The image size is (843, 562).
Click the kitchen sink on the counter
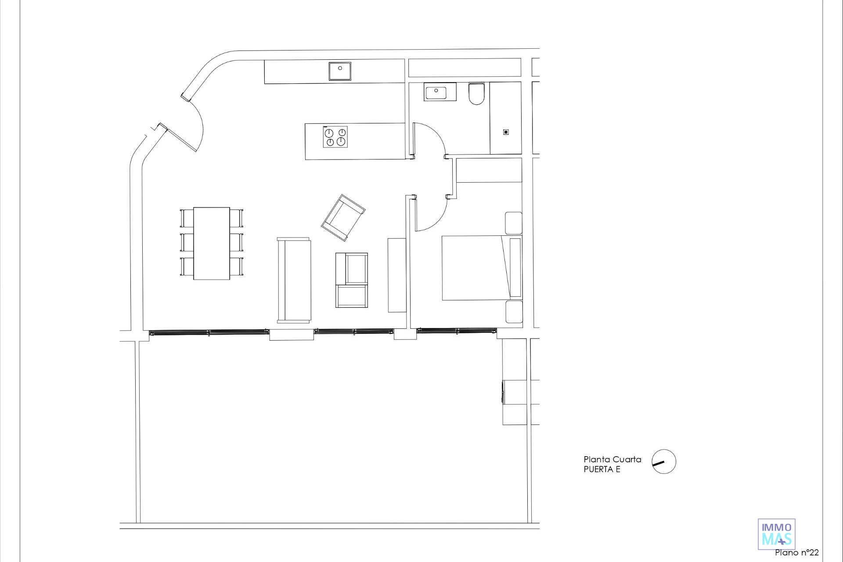point(341,71)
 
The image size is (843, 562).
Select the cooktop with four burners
point(335,137)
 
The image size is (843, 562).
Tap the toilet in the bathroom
point(476,94)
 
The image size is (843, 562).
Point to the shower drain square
point(506,132)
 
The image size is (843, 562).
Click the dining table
point(212,243)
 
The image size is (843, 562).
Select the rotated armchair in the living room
point(343,218)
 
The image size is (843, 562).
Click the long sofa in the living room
point(294,281)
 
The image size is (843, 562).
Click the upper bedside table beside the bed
point(514,223)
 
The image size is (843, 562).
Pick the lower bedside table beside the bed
point(514,312)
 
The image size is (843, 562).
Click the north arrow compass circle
point(664,462)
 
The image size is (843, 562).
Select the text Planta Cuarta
point(612,459)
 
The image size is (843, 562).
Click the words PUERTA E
point(602,469)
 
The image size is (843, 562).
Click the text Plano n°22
point(797,552)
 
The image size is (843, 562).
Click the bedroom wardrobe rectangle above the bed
point(489,170)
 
